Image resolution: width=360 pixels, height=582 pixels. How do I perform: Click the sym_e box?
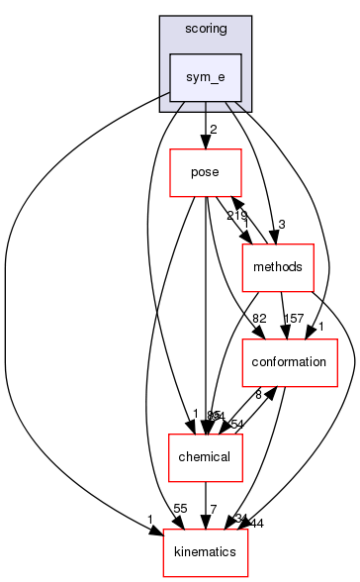coord(205,76)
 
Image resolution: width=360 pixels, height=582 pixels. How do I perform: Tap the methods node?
coord(278,267)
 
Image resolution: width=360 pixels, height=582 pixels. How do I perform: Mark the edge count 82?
coord(260,318)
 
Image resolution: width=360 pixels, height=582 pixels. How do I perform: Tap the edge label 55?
coord(179,507)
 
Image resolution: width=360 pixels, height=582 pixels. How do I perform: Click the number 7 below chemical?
coord(212,507)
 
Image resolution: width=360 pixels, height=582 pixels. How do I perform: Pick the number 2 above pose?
coord(212,130)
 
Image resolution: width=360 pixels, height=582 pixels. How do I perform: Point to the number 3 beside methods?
coord(281,225)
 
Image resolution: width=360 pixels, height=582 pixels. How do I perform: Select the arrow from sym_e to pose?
coord(205,125)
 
